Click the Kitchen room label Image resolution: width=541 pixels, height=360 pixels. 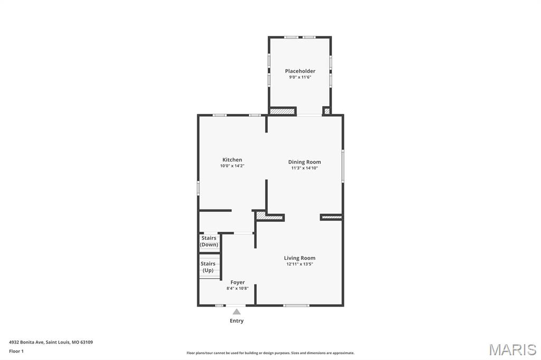coord(232,160)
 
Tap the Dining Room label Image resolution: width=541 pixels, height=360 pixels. coord(304,162)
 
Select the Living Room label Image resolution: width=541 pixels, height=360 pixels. coord(300,258)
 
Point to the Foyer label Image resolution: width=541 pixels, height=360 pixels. coord(237,282)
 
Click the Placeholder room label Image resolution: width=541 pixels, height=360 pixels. coord(300,71)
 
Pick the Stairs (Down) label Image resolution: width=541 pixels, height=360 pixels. coord(209,241)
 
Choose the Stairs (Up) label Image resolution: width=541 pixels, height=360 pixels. coord(208,267)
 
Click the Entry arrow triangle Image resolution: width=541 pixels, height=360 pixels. coord(237,311)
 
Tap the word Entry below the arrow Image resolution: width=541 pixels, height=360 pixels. coord(237,320)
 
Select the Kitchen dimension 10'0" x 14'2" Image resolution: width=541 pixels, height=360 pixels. coord(232,166)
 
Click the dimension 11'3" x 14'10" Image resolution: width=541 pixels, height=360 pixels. coord(304,168)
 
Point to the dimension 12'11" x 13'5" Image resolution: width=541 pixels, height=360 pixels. coord(300,264)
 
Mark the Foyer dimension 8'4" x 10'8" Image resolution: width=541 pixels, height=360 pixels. coord(237,288)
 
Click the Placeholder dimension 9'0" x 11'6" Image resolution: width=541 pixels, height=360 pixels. coord(300,77)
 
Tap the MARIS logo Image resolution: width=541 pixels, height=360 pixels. coord(512,349)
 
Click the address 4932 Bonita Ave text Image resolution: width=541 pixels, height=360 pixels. coord(51,342)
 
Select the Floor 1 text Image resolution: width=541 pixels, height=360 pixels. coord(16,351)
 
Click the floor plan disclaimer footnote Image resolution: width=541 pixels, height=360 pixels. coord(270,353)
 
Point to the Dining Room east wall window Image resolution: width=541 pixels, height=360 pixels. coord(343,166)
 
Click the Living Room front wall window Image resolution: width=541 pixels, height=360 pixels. coord(296,305)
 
